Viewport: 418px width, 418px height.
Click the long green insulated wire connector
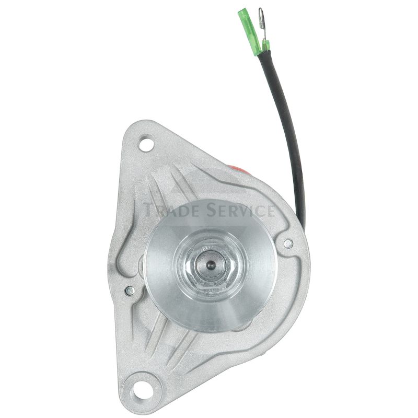pyautogui.click(x=250, y=31)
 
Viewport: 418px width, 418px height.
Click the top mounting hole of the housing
pyautogui.click(x=147, y=144)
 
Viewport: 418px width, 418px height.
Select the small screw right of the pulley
pyautogui.click(x=288, y=243)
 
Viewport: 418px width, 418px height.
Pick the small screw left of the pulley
pyautogui.click(x=130, y=291)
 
